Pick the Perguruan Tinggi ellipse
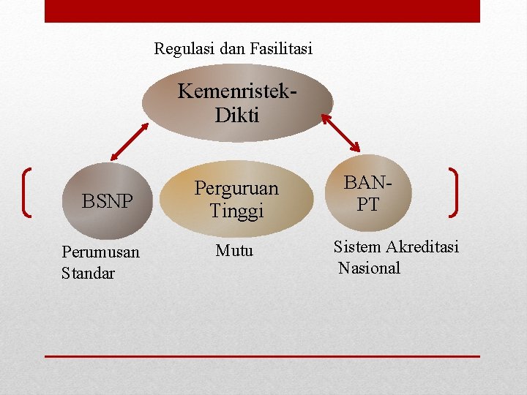pos(236,199)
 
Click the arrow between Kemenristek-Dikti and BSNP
pos(130,140)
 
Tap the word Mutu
pos(234,251)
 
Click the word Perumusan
pos(100,253)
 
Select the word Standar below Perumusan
pos(89,274)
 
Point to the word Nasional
pos(369,268)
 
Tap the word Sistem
pos(357,247)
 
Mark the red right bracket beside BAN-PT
pos(454,192)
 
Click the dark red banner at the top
pos(262,11)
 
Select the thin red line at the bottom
pos(262,356)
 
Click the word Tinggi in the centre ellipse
pos(236,211)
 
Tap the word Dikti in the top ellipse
pos(237,115)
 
